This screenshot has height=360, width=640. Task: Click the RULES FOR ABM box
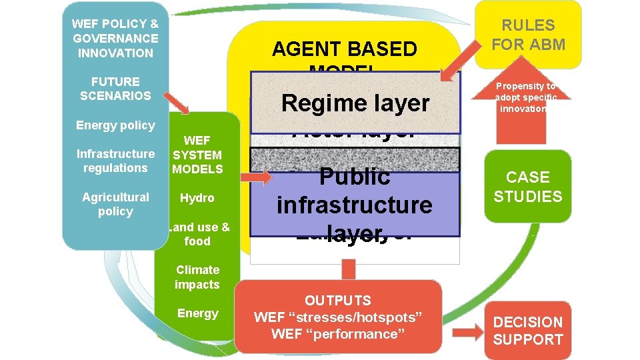(528, 35)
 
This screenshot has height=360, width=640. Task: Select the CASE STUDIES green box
(528, 187)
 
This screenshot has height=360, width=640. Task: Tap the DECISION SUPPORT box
(528, 331)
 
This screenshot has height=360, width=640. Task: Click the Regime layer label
(355, 103)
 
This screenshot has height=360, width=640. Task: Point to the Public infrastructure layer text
(354, 204)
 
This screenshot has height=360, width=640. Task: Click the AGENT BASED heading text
(344, 49)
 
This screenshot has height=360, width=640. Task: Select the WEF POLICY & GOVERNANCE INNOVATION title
(115, 38)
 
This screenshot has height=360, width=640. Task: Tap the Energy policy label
(115, 125)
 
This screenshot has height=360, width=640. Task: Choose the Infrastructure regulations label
(115, 161)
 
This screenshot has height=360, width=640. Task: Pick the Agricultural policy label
(115, 204)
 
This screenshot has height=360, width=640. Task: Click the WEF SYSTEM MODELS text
(197, 155)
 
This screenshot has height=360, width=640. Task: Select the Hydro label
(197, 198)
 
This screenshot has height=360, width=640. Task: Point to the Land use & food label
(198, 234)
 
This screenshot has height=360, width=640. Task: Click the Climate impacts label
(197, 277)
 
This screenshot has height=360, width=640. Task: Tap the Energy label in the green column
(197, 313)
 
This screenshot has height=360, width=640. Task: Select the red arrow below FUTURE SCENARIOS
(178, 103)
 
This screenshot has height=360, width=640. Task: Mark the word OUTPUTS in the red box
(338, 301)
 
